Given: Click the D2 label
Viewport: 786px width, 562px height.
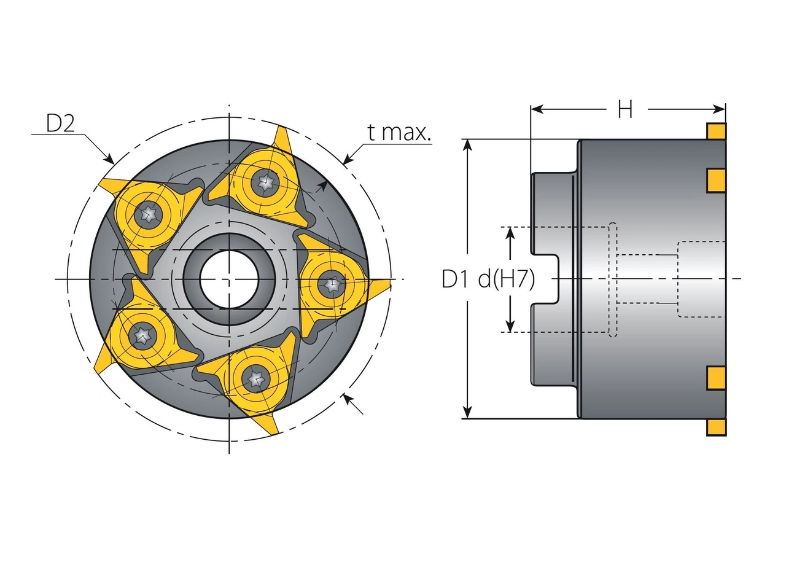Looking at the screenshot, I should (60, 124).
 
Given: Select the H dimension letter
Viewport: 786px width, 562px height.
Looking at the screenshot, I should (625, 110).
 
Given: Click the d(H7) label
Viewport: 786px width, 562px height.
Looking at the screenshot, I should (506, 279).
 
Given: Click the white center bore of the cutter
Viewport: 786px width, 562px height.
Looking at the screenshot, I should (228, 279).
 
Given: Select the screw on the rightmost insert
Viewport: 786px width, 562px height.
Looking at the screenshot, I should (332, 284).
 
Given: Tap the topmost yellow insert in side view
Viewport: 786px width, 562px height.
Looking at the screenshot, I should (716, 131).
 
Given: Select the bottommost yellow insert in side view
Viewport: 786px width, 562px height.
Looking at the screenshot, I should (716, 427).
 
